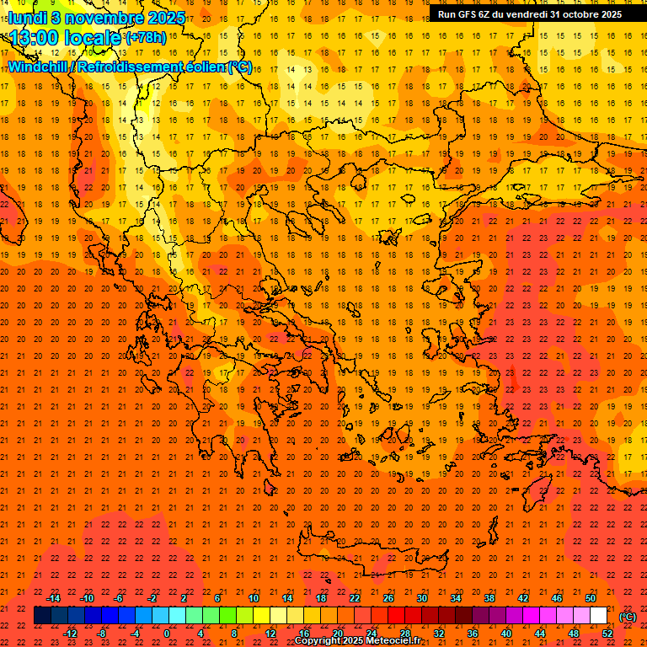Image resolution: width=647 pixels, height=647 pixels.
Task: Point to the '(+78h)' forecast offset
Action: (146, 38)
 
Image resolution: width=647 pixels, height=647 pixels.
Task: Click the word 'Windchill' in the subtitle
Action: (39, 67)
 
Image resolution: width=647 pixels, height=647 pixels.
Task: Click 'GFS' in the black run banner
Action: (469, 14)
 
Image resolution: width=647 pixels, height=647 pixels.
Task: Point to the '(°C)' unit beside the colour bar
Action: (628, 616)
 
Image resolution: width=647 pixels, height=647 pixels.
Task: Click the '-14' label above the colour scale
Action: (54, 598)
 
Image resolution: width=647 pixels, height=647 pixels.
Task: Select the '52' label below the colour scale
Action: (607, 634)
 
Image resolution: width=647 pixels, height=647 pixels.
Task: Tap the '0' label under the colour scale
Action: (167, 634)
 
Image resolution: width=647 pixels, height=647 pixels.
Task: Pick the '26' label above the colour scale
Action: (388, 598)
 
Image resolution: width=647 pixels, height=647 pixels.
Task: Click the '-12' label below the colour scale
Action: (71, 634)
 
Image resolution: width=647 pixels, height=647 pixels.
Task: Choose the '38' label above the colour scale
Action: (489, 598)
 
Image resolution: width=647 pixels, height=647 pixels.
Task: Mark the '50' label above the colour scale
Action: (591, 598)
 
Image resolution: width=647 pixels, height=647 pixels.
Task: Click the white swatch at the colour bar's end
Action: (599, 616)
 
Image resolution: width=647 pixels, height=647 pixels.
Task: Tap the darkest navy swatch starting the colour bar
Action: (42, 616)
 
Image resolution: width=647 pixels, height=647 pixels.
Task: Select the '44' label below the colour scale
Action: (540, 634)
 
